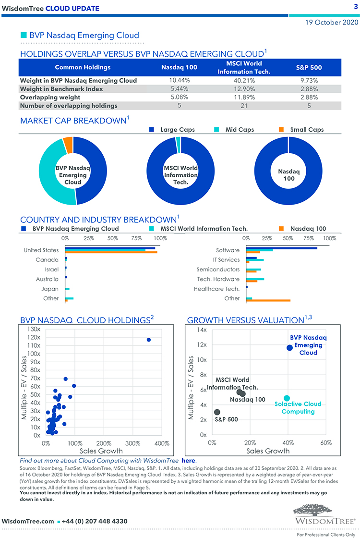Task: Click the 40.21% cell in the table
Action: tap(244, 81)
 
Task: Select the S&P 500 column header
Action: tap(309, 67)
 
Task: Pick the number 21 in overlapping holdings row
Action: tap(244, 106)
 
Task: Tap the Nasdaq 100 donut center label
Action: tap(288, 175)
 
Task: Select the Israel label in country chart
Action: tap(51, 269)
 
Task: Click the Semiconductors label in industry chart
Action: tap(218, 269)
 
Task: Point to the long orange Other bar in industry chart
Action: tap(268, 300)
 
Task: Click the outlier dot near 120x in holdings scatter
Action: tap(149, 340)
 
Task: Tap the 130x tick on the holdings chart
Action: tap(34, 330)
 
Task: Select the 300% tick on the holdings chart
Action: tap(132, 443)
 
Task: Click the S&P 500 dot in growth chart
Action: tap(217, 412)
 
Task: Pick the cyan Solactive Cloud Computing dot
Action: tap(287, 398)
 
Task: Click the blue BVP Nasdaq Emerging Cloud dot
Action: tap(289, 348)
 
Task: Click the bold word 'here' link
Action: tap(189, 461)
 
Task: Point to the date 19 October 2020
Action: tap(332, 22)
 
